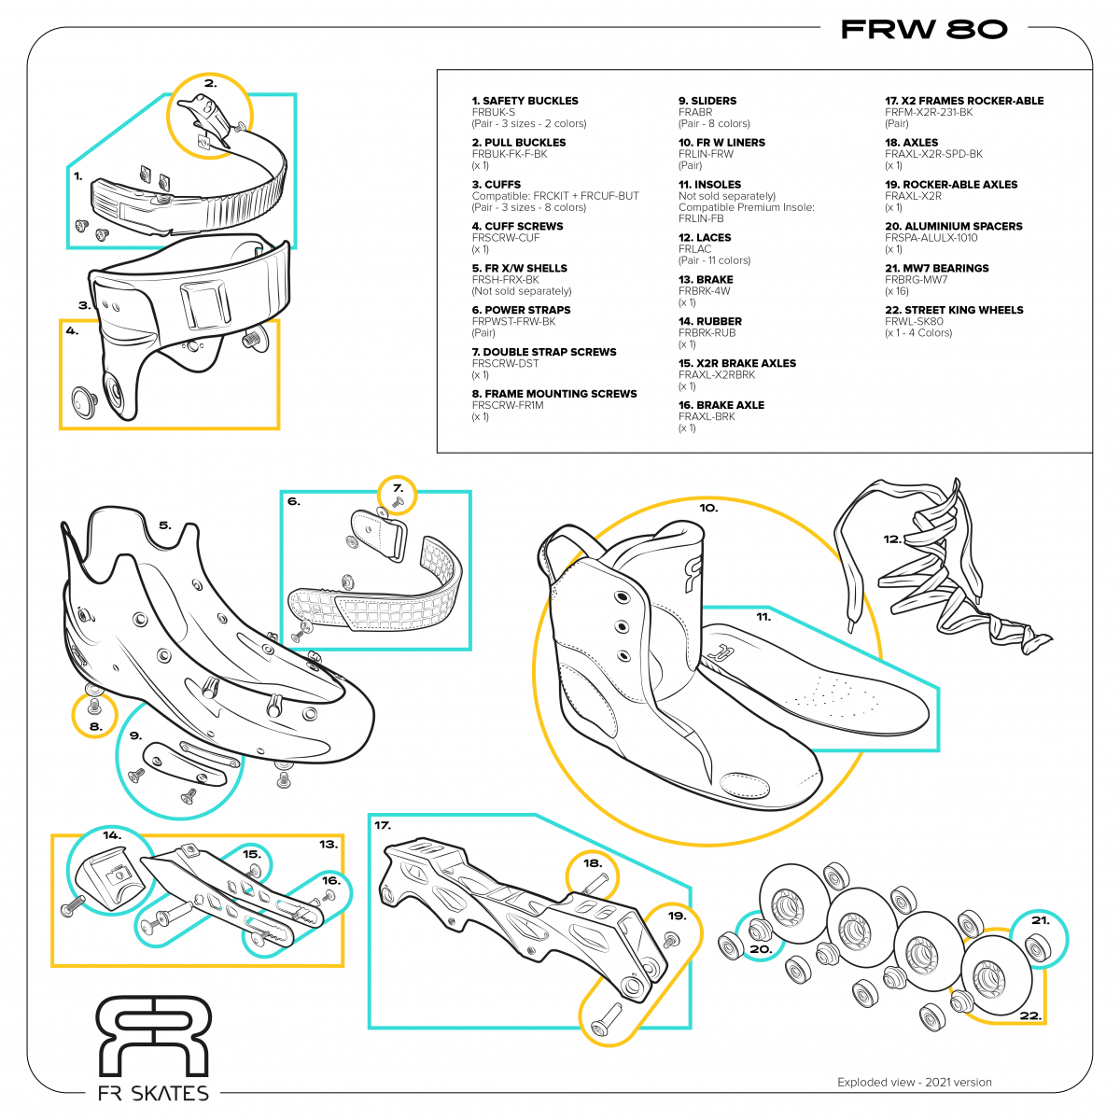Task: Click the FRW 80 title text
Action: tap(923, 30)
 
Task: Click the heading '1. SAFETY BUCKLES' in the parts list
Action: tap(525, 101)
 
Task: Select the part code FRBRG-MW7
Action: tap(916, 280)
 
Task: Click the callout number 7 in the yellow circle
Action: tap(398, 487)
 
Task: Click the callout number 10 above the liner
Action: tap(708, 508)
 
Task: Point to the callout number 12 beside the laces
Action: tap(892, 539)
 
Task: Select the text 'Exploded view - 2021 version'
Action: tap(914, 1083)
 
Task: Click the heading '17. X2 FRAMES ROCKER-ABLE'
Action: tap(964, 101)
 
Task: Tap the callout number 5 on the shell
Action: tap(164, 525)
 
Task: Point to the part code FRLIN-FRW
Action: tap(706, 154)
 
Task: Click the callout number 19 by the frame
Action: tap(677, 916)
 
